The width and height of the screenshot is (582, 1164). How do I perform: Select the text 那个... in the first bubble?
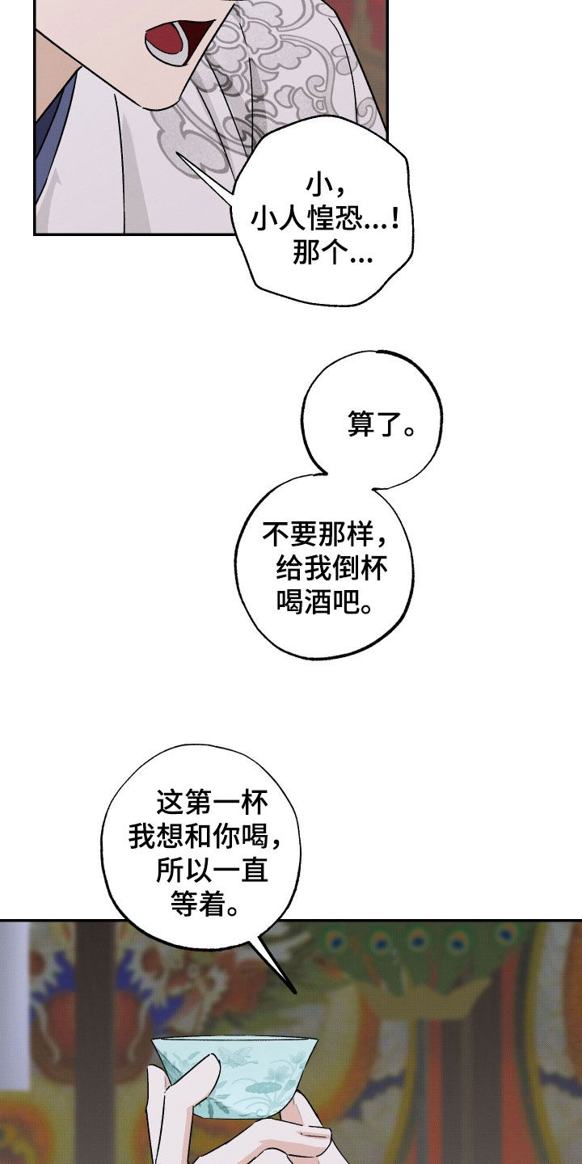click(331, 256)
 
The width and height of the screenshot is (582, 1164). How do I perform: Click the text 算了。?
click(381, 425)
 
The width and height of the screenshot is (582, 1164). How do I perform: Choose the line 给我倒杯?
click(331, 569)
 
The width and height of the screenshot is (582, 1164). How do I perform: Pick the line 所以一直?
click(213, 871)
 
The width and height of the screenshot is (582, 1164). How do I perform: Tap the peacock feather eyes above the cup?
click(420, 942)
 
